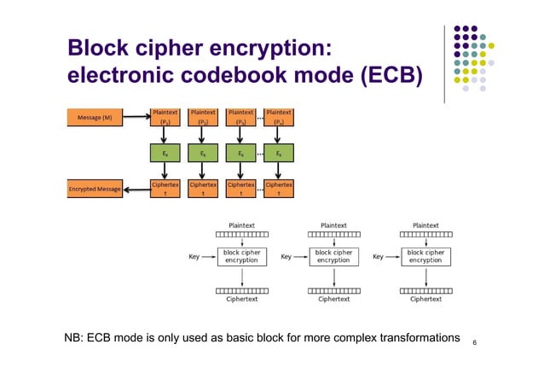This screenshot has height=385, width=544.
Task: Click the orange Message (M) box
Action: [95, 118]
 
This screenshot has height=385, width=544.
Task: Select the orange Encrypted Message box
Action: [94, 190]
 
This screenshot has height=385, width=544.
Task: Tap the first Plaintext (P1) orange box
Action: [165, 117]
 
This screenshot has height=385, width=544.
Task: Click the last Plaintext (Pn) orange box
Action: [279, 117]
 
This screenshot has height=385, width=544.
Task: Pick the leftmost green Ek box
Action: [165, 154]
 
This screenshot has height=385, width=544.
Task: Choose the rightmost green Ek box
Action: [279, 154]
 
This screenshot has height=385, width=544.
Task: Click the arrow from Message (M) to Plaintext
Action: [136, 118]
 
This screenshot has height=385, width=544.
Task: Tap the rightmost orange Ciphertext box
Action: [279, 189]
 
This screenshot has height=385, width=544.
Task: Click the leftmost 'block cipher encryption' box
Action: [242, 256]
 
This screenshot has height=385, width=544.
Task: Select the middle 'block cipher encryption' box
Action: [333, 256]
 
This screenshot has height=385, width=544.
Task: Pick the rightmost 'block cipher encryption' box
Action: [425, 256]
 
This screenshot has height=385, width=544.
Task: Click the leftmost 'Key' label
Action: [194, 256]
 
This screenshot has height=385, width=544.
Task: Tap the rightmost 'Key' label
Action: [378, 256]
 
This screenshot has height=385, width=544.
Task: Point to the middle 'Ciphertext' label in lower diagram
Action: [333, 300]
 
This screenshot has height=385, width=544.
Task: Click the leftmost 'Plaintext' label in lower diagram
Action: [242, 226]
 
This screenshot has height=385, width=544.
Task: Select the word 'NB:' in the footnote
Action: [74, 338]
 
